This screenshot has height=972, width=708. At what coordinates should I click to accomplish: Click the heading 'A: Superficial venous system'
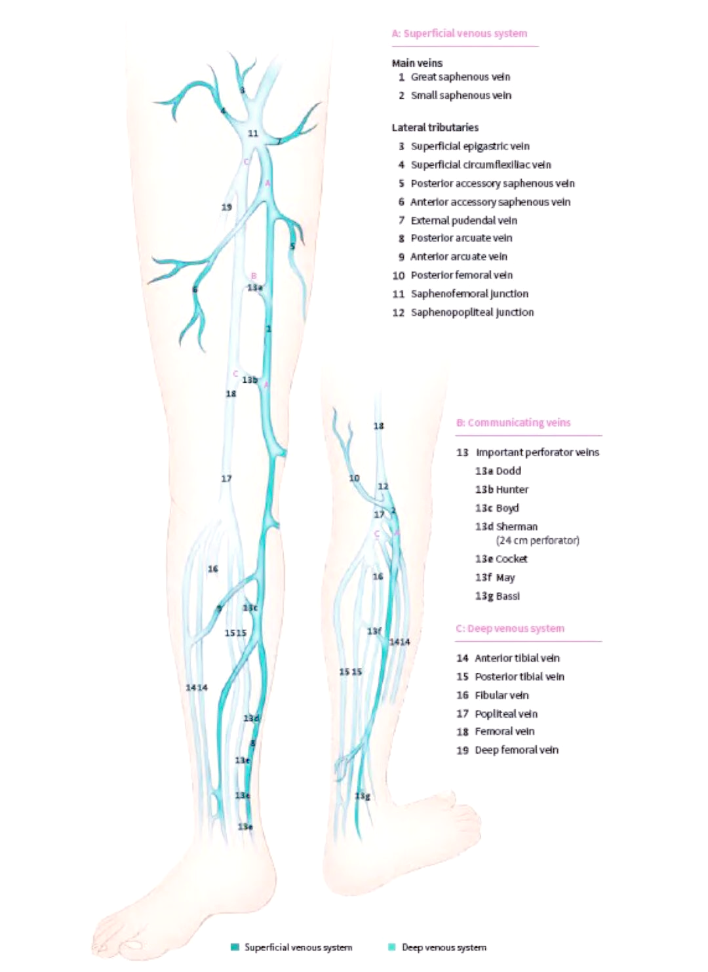tap(459, 33)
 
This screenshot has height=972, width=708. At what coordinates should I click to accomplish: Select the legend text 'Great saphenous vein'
tap(460, 77)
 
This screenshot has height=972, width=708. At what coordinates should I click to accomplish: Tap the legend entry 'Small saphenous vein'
tap(461, 95)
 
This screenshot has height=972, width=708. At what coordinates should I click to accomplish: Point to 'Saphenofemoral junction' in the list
tap(469, 294)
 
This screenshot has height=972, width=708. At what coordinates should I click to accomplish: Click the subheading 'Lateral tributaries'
tap(435, 127)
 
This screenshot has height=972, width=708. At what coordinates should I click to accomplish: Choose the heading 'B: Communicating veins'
tap(513, 423)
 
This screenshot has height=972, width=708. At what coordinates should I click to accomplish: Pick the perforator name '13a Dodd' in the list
tap(498, 471)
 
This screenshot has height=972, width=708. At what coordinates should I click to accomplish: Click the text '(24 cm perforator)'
tap(538, 541)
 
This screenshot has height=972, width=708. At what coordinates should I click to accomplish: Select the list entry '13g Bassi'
tap(498, 596)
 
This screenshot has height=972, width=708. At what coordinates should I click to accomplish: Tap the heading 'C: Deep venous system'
tap(510, 628)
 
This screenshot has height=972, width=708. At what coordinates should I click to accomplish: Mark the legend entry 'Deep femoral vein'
tap(517, 750)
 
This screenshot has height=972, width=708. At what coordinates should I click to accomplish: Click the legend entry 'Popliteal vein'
tap(506, 714)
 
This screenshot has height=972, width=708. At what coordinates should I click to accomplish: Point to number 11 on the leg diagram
tap(253, 133)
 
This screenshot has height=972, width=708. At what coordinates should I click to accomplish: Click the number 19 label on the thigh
tap(226, 207)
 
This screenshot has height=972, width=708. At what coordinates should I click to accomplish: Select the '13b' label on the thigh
tap(250, 379)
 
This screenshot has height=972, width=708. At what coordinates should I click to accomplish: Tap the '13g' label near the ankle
tap(363, 796)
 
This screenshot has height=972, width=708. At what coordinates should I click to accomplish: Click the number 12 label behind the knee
tap(383, 486)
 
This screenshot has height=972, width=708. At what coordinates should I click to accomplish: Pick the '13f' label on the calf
tap(374, 631)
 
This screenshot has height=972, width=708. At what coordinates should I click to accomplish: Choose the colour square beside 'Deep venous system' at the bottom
tap(392, 947)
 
